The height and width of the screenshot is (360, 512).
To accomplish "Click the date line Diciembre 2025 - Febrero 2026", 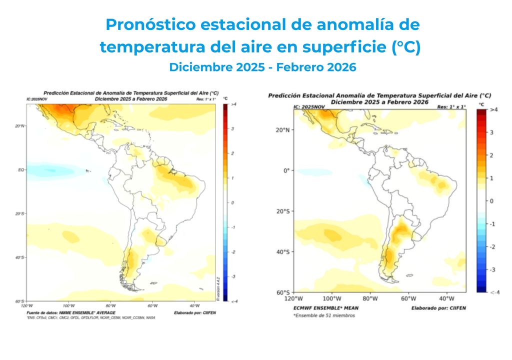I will [x=262, y=67].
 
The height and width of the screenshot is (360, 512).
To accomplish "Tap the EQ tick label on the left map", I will [x=21, y=170].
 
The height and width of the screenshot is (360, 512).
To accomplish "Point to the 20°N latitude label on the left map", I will [x=19, y=126].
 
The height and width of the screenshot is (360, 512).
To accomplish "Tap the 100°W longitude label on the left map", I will [x=68, y=305].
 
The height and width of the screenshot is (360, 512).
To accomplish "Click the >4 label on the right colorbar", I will [x=493, y=109].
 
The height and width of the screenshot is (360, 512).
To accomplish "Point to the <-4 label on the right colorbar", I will [x=494, y=292].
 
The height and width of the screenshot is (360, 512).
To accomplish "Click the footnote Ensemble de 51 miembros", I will [x=324, y=315].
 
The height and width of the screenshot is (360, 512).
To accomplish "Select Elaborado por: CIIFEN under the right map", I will [x=438, y=308].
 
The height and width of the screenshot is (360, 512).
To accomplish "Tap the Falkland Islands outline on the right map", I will [x=408, y=275].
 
